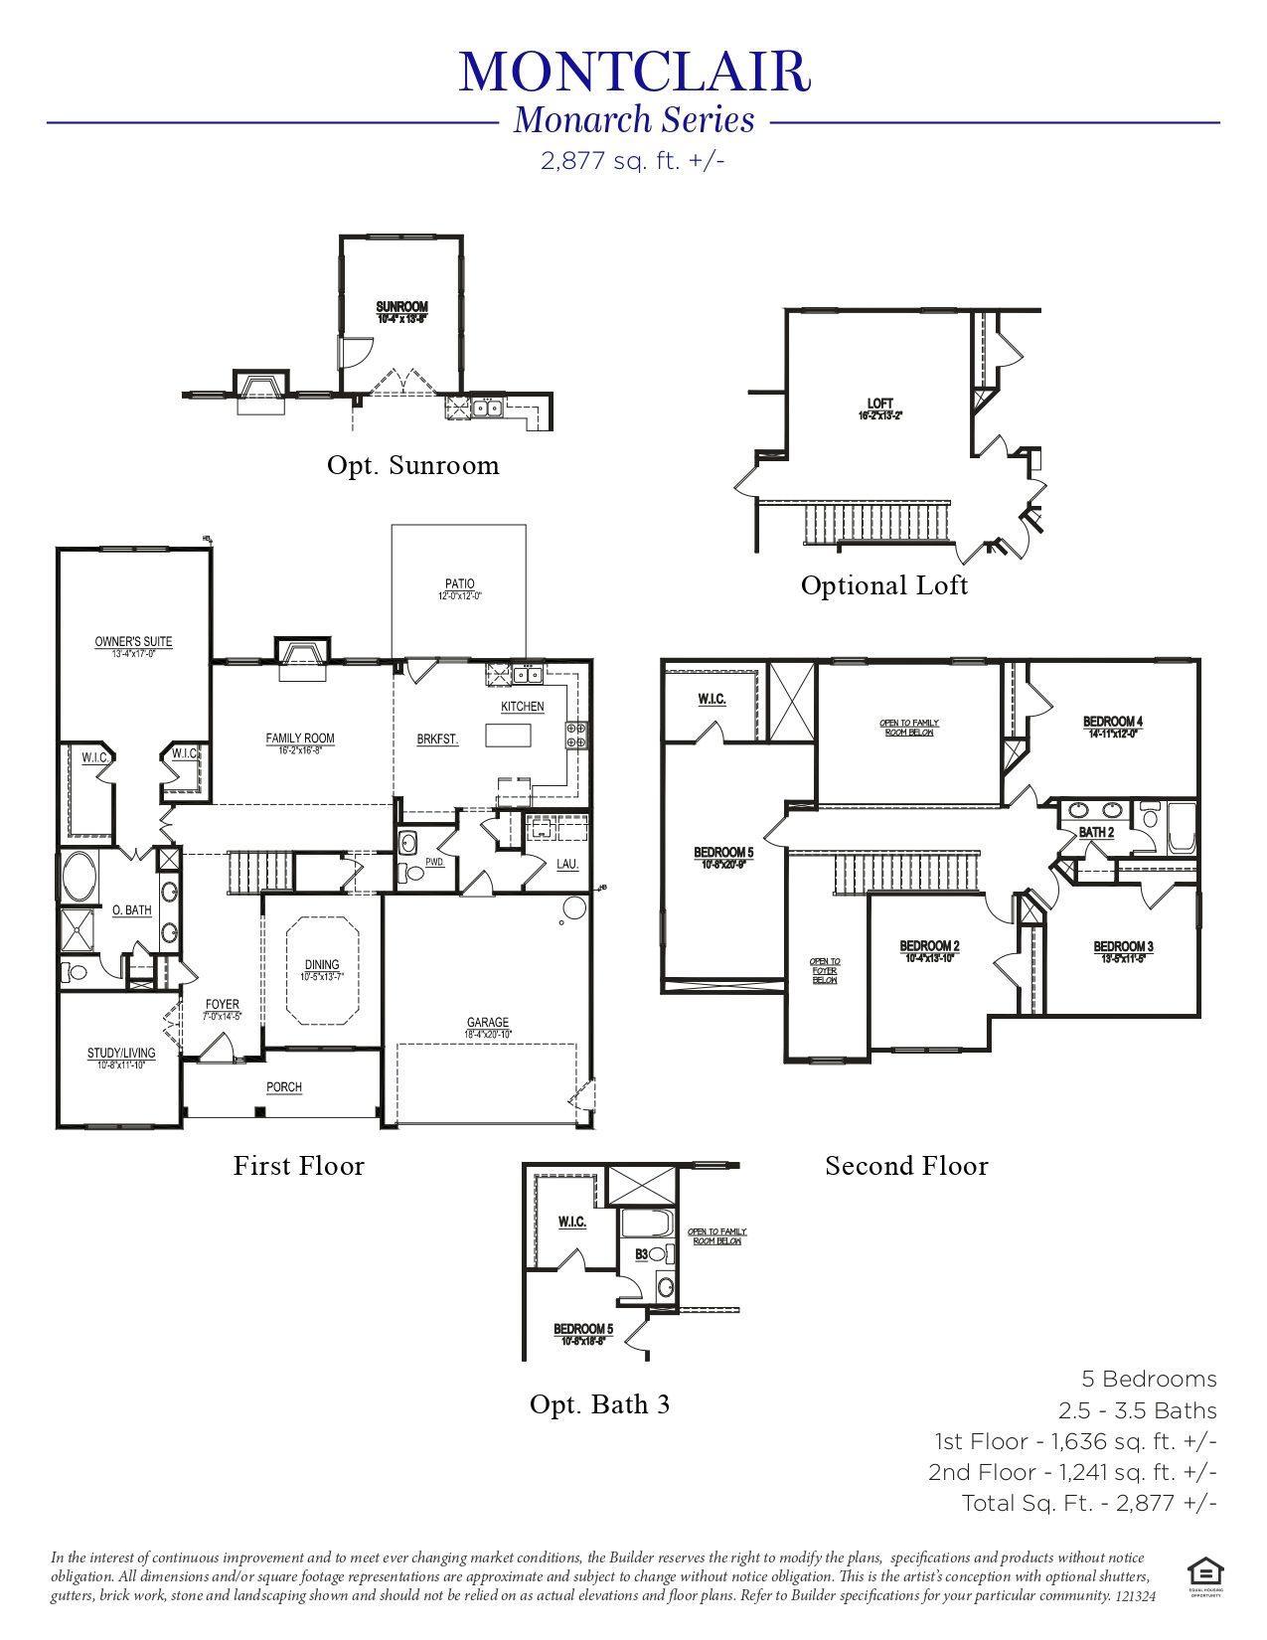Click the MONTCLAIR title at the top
[634, 72]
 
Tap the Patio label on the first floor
[459, 584]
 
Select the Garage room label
[487, 1023]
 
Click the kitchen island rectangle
[508, 735]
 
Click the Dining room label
[321, 965]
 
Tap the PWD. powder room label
[434, 863]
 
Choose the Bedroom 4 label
[1112, 722]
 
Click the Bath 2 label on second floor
[1096, 832]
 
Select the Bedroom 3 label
[1123, 947]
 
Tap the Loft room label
[879, 404]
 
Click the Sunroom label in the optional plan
[401, 307]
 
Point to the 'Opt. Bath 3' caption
[599, 1404]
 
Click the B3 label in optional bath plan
[642, 1254]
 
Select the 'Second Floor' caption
[906, 1166]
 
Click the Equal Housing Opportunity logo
[1204, 1573]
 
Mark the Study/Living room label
[121, 1054]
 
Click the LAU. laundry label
[566, 865]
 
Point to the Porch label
[283, 1087]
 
